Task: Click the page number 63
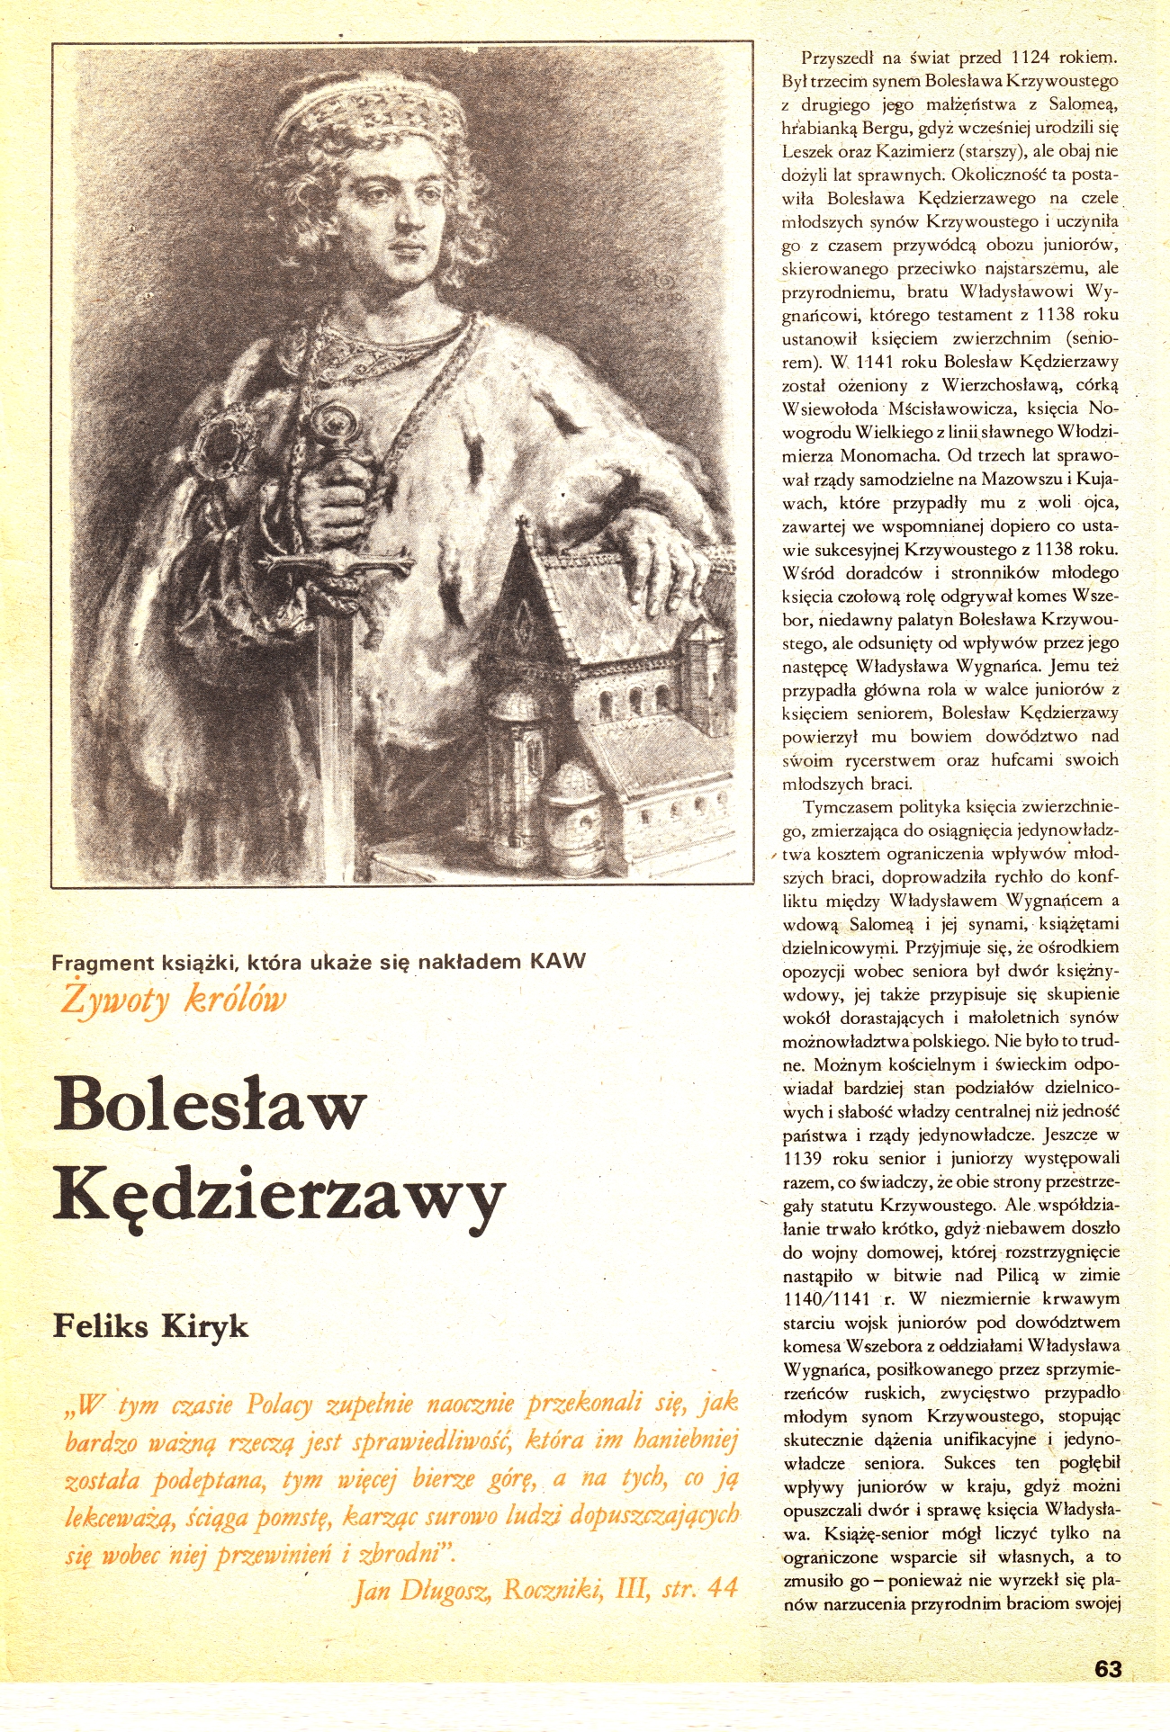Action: pyautogui.click(x=1108, y=1668)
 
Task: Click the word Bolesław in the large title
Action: pyautogui.click(x=211, y=1103)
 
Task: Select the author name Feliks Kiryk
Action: pyautogui.click(x=150, y=1326)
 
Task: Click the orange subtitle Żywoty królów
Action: pyautogui.click(x=174, y=1000)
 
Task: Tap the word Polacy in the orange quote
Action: pyautogui.click(x=279, y=1404)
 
